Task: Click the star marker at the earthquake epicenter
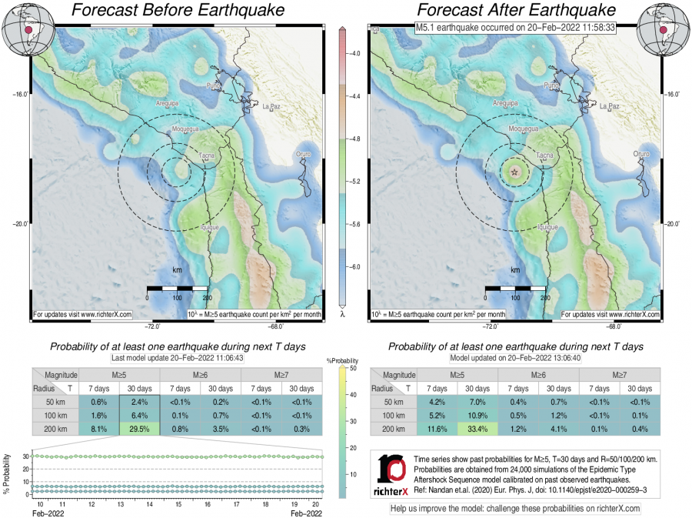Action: pyautogui.click(x=514, y=172)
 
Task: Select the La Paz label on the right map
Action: pyautogui.click(x=609, y=106)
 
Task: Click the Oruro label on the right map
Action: pyautogui.click(x=641, y=155)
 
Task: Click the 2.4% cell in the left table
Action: pyautogui.click(x=139, y=403)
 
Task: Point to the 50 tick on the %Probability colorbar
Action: pyautogui.click(x=345, y=369)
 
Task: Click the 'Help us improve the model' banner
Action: pyautogui.click(x=515, y=508)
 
